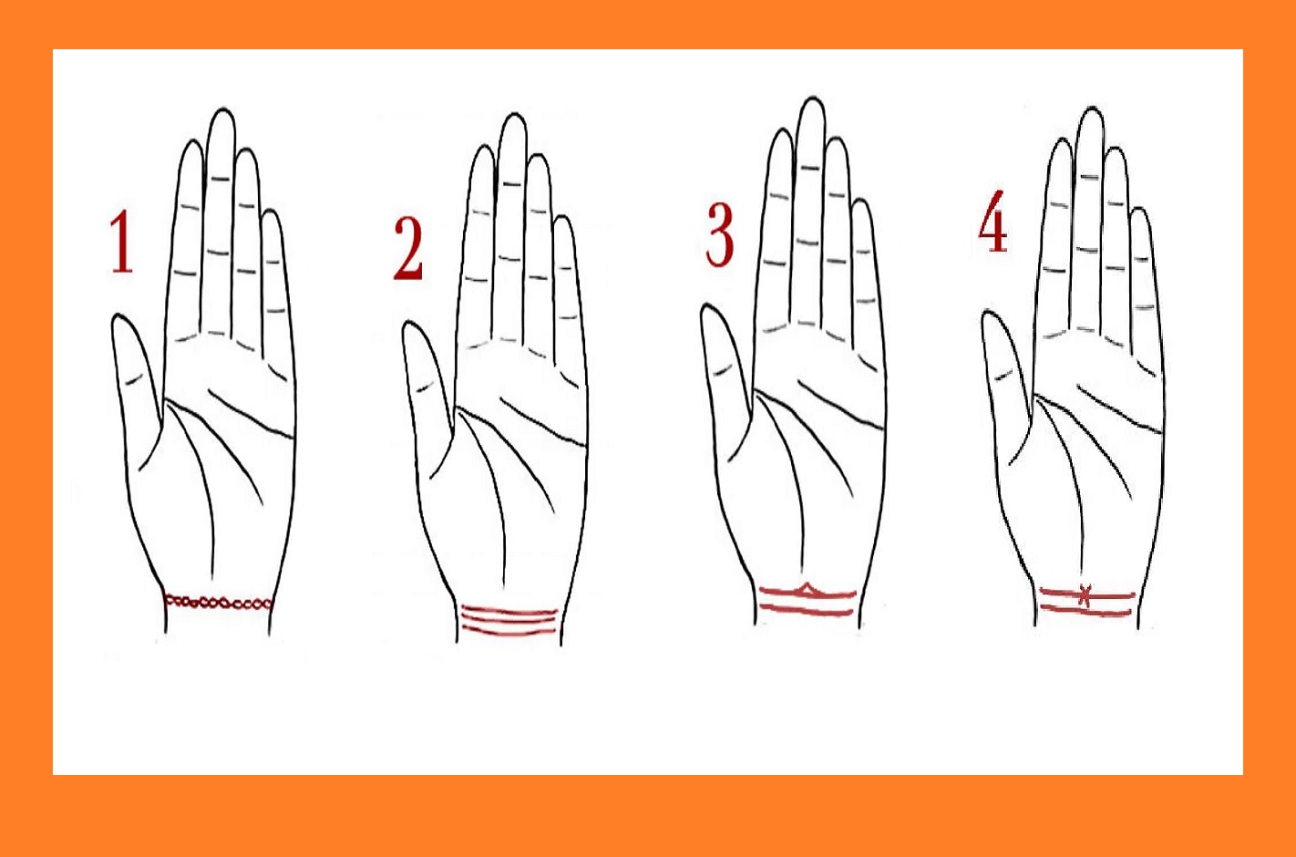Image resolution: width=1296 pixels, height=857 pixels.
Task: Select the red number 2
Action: click(408, 250)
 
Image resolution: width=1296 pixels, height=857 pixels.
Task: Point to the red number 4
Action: click(993, 222)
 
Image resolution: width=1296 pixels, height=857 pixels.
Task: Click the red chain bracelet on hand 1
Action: click(218, 603)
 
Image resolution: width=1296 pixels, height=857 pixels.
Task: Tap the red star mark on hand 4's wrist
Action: click(1085, 596)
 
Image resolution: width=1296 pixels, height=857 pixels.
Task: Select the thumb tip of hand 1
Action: click(119, 316)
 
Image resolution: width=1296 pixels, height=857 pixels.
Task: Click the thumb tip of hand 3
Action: click(709, 305)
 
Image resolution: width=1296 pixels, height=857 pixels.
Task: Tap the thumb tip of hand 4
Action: click(990, 313)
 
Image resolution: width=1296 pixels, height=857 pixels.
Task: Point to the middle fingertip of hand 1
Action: click(222, 109)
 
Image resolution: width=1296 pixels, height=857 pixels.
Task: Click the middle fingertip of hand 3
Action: click(812, 99)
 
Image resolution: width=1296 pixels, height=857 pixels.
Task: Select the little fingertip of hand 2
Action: click(563, 218)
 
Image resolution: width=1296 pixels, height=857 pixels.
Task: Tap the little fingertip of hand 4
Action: click(1141, 210)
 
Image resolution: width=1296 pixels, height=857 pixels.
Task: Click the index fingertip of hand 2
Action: click(484, 147)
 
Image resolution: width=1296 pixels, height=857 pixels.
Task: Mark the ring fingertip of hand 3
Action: click(838, 138)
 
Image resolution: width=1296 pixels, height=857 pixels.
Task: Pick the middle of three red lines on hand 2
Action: click(509, 620)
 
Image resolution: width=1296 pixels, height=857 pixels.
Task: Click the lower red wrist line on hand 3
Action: click(807, 609)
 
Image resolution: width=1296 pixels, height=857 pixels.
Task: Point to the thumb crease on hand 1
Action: click(134, 379)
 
